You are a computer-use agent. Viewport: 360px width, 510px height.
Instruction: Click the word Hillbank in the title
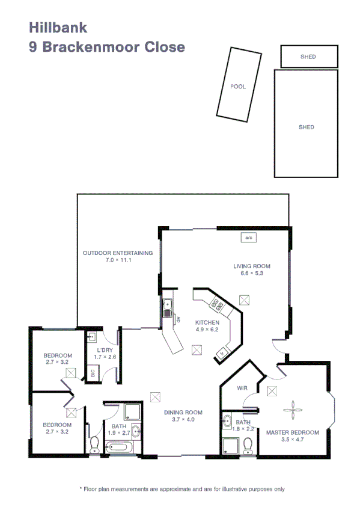pyautogui.click(x=58, y=27)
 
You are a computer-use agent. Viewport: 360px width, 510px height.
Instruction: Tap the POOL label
pyautogui.click(x=238, y=87)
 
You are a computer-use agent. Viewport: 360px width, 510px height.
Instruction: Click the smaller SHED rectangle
pyautogui.click(x=308, y=57)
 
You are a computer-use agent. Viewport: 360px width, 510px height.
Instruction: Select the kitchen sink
pyautogui.click(x=169, y=309)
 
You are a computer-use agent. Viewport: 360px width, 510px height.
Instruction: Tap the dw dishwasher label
pyautogui.click(x=178, y=321)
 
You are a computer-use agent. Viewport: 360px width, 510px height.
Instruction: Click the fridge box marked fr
pyautogui.click(x=223, y=352)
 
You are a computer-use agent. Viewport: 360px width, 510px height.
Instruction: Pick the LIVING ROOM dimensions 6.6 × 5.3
pyautogui.click(x=252, y=273)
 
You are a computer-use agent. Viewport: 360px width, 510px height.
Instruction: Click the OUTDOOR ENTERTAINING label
pyautogui.click(x=117, y=253)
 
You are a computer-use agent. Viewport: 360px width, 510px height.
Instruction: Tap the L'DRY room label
pyautogui.click(x=105, y=351)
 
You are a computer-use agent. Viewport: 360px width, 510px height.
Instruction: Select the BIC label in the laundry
pyautogui.click(x=93, y=373)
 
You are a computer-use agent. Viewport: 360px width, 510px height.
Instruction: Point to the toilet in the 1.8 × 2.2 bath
pyautogui.click(x=248, y=444)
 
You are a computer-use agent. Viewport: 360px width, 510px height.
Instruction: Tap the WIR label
pyautogui.click(x=243, y=389)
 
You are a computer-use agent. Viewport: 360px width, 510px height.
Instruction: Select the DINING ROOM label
pyautogui.click(x=183, y=413)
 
